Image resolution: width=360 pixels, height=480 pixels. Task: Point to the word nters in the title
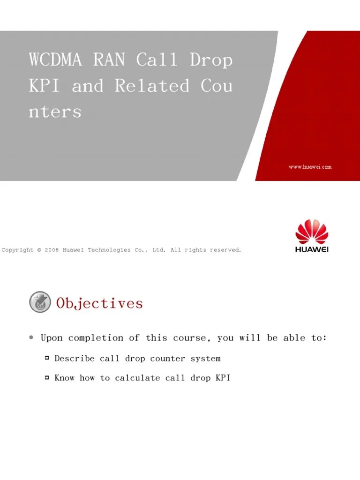55,112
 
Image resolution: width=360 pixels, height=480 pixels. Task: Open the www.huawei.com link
310,167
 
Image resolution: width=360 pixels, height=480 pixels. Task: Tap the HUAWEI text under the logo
312,249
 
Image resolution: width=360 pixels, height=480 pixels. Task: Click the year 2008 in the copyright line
52,250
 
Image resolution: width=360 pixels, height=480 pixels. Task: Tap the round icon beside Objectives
40,302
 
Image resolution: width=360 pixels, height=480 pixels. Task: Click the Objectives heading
99,303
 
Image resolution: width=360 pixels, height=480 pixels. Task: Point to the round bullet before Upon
31,337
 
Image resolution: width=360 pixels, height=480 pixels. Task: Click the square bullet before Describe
47,358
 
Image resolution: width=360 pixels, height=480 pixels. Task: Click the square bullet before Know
47,377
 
